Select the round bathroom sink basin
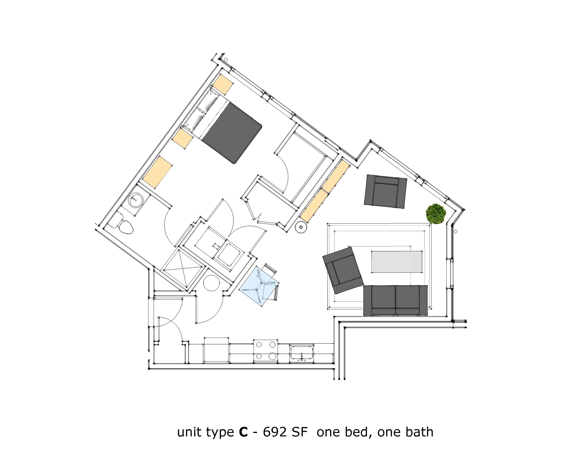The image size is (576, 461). (x=136, y=200)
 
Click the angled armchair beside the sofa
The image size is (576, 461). (x=343, y=270)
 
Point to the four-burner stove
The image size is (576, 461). (x=266, y=350)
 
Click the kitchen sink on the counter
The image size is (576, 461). (x=302, y=353)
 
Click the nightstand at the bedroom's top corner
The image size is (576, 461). (x=223, y=84)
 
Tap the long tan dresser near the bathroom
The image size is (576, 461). (x=157, y=172)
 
